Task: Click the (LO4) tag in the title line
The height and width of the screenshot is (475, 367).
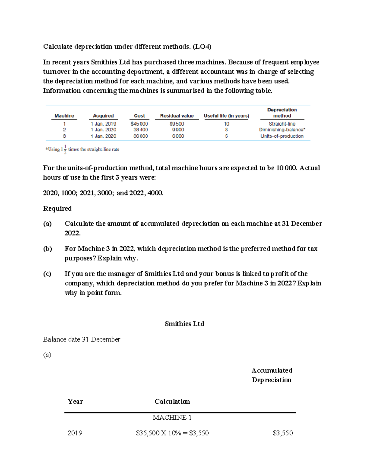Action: click(202, 46)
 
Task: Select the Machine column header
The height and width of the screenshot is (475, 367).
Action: click(64, 116)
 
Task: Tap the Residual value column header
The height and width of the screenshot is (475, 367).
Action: click(177, 116)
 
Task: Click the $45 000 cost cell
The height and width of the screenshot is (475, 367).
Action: click(139, 124)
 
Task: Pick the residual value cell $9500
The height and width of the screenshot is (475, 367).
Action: click(177, 124)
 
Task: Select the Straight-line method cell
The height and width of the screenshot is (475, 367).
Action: click(282, 124)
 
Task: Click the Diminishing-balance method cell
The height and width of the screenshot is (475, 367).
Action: click(282, 130)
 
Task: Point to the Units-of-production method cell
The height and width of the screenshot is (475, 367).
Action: click(282, 136)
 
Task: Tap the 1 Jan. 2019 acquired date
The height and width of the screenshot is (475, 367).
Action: click(103, 124)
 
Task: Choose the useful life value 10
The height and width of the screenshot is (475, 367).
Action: click(226, 124)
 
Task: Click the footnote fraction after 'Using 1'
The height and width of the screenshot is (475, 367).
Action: click(65, 150)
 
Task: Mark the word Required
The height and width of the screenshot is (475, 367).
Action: click(57, 208)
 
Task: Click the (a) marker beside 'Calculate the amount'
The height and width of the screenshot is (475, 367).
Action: click(47, 224)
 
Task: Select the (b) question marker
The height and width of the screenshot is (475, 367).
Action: click(47, 249)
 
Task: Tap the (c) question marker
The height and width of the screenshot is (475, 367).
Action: click(47, 274)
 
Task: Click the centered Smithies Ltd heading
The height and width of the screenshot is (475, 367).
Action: click(184, 324)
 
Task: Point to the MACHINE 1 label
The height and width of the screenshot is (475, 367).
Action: click(172, 417)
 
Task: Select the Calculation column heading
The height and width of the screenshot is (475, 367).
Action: click(172, 402)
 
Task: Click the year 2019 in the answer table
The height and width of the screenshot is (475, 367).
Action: click(75, 433)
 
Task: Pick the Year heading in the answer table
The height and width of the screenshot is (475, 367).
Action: click(75, 402)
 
